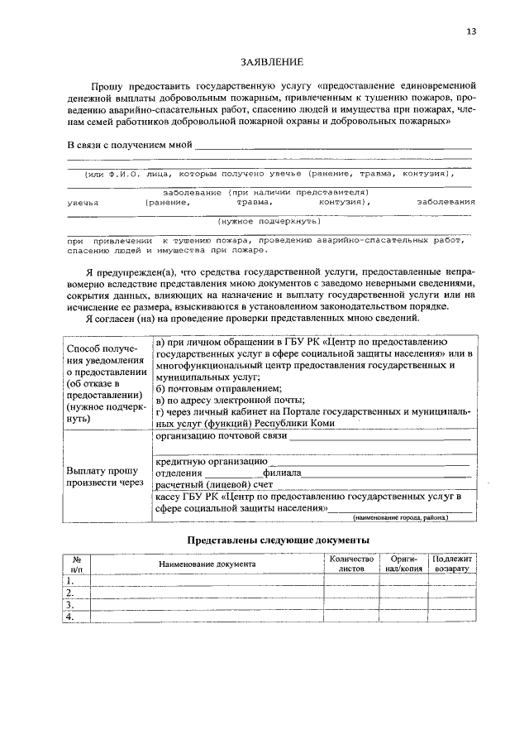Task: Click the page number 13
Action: click(470, 31)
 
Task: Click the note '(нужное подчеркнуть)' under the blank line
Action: click(269, 221)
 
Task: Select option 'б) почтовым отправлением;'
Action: click(219, 388)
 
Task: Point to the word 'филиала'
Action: click(282, 473)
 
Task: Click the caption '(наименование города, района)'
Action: click(400, 518)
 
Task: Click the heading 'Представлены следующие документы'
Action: click(278, 540)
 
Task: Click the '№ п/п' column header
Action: click(76, 564)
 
